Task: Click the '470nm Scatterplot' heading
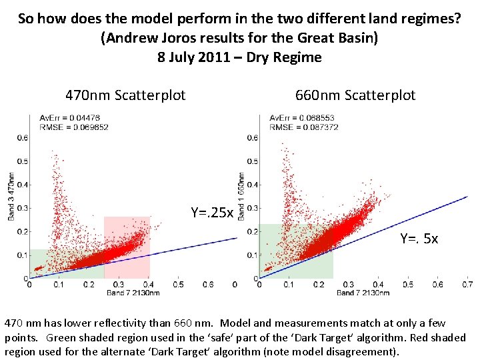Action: click(x=125, y=95)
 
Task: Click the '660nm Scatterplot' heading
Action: click(x=355, y=95)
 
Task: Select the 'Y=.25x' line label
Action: click(x=212, y=213)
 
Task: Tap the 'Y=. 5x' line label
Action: click(x=419, y=238)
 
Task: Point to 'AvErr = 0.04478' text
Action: click(x=70, y=119)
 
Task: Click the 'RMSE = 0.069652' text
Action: click(x=73, y=127)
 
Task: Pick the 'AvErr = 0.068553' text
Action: click(x=301, y=119)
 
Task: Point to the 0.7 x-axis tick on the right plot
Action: click(x=467, y=284)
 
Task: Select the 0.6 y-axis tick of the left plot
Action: click(x=22, y=138)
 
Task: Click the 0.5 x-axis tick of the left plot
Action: click(x=178, y=284)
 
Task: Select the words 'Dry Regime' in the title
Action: click(x=284, y=57)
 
